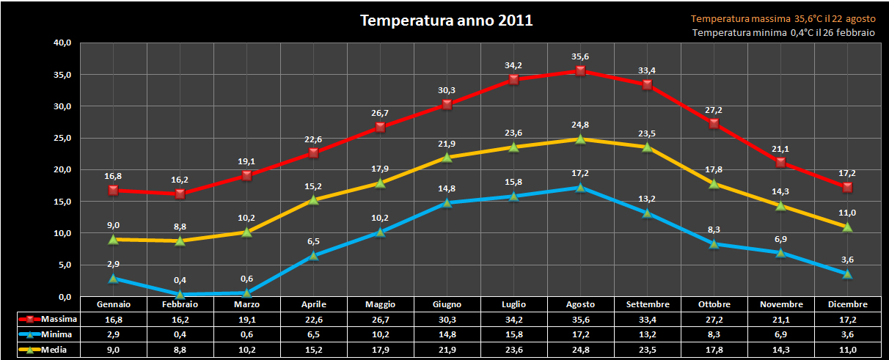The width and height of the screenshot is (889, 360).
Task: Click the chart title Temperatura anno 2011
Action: (446, 21)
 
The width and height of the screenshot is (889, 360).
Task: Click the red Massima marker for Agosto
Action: (580, 70)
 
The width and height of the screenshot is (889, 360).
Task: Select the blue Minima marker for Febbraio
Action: (180, 294)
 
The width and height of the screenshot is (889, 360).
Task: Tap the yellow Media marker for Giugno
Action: (447, 157)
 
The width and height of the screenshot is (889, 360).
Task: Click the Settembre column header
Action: (647, 304)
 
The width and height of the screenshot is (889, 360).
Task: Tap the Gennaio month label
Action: (114, 304)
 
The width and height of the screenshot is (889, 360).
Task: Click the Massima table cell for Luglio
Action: (513, 319)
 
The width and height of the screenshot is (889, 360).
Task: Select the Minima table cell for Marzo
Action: (246, 334)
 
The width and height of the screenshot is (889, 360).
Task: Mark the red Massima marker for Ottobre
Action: (714, 123)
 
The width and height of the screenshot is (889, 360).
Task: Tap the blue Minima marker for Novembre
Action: (780, 253)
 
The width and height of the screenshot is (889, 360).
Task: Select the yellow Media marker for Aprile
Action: (313, 199)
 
